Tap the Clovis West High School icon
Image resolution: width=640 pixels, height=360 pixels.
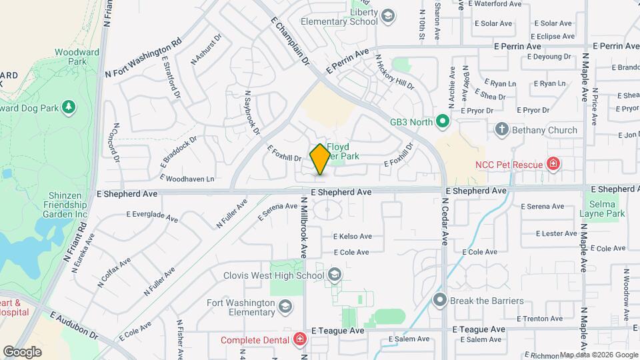pyautogui.click(x=335, y=275)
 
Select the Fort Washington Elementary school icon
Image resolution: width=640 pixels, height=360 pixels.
pyautogui.click(x=285, y=307)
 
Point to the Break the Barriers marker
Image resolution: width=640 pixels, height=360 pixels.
pyautogui.click(x=439, y=301)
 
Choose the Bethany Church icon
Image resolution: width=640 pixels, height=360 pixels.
pyautogui.click(x=502, y=129)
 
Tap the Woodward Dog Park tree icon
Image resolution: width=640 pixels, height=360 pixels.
pyautogui.click(x=67, y=107)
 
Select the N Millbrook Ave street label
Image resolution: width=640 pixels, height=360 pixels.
pyautogui.click(x=302, y=227)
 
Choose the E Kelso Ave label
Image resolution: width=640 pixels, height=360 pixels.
pyautogui.click(x=352, y=237)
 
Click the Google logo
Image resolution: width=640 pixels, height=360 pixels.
pyautogui.click(x=23, y=351)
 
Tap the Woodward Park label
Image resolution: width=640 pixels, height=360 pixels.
pyautogui.click(x=77, y=57)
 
